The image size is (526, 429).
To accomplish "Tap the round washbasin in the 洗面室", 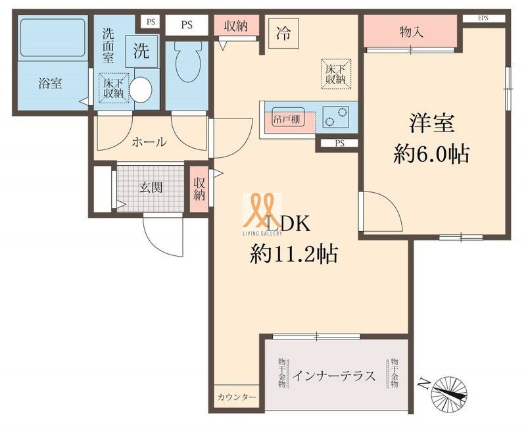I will pos(140,89).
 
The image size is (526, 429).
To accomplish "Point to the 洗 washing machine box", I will pos(141,53).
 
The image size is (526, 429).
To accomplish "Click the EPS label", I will pos(483,18).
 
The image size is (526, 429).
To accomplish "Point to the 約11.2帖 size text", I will pos(293,253).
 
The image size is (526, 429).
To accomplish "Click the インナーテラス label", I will pos(335,376).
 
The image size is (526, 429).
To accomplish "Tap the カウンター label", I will pos(237,397).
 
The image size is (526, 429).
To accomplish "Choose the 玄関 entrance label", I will pos(151,187).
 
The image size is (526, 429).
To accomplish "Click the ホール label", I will pos(149,142).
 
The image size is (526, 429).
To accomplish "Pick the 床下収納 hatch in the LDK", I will pos(335,74).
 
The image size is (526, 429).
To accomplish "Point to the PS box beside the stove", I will pos(339,143).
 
